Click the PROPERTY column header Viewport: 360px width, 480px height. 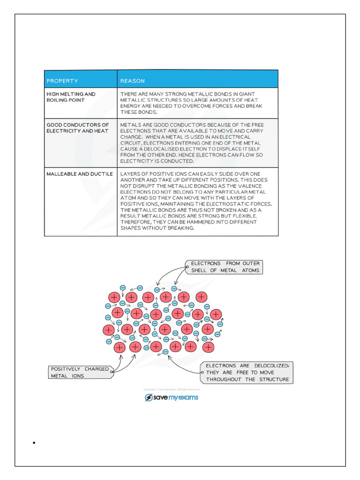[62, 81]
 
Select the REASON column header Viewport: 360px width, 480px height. [133, 81]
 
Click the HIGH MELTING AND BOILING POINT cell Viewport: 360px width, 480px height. [71, 97]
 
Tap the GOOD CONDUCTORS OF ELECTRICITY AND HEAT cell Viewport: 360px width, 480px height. [77, 128]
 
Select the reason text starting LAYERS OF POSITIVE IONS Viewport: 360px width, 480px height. [196, 201]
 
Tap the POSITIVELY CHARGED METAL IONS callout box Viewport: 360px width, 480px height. [80, 372]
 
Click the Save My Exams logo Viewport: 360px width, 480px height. [172, 397]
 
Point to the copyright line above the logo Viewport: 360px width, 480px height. [172, 390]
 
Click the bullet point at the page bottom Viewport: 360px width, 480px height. [35, 443]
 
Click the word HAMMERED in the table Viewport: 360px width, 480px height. [193, 222]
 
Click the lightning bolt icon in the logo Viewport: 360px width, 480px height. [149, 397]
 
